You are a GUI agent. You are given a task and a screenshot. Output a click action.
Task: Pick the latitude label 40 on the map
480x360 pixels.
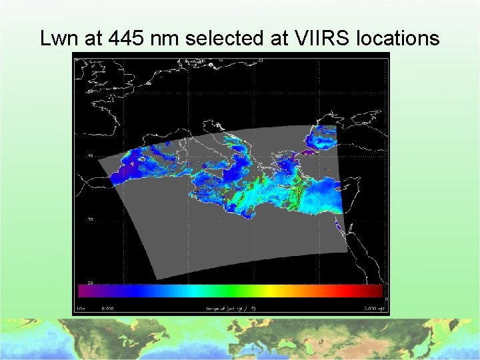click(x=91, y=155)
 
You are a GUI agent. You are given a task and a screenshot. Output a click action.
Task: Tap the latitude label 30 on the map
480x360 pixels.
click(x=91, y=219)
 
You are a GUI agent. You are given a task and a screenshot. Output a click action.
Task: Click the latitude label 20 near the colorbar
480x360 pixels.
click(x=91, y=282)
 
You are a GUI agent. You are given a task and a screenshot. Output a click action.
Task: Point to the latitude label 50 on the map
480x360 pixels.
click(x=91, y=91)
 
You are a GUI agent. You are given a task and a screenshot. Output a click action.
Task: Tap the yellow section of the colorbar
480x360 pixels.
click(x=267, y=291)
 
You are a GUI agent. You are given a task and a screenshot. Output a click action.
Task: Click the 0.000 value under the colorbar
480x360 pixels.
click(x=107, y=309)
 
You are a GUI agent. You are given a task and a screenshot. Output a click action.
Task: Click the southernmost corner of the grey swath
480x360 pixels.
click(x=157, y=279)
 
